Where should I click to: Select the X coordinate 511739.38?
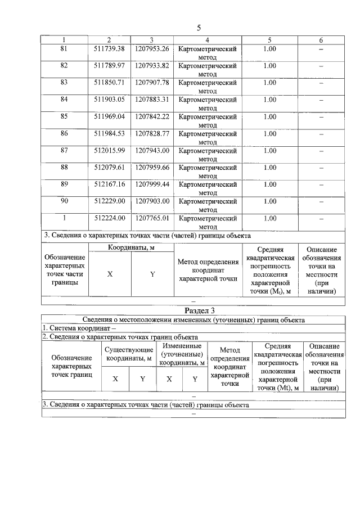pos(109,49)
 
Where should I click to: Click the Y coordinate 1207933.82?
pos(152,66)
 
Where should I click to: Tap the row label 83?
pos(64,83)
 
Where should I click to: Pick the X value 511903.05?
pos(109,100)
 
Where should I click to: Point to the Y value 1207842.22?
pos(152,116)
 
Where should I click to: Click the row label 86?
pos(64,133)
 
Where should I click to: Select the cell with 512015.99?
pos(109,150)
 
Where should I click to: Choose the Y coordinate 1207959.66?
pos(152,167)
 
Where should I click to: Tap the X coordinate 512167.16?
pos(109,184)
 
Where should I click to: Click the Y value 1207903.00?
pos(152,201)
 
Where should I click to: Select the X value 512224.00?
pos(109,218)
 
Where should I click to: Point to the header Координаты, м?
pos(131,247)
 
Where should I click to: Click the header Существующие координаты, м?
pos(129,353)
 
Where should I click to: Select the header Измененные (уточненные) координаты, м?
pos(182,353)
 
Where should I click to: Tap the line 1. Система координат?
pos(79,328)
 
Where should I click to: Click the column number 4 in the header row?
pos(208,40)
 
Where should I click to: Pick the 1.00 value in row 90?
pos(269,201)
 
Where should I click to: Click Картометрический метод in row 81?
pos(208,53)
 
